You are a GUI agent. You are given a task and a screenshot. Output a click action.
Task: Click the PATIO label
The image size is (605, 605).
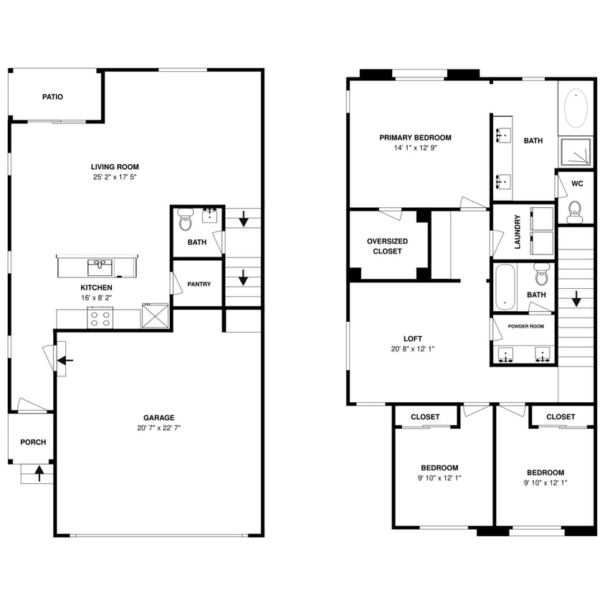click(52, 97)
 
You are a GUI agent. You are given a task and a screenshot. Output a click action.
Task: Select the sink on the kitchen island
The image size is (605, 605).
click(100, 267)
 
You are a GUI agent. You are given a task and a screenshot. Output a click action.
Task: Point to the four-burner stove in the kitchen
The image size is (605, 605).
click(99, 318)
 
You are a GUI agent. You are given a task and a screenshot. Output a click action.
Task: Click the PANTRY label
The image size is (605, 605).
click(199, 284)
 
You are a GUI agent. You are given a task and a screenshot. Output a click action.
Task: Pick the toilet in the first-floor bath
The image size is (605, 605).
click(186, 220)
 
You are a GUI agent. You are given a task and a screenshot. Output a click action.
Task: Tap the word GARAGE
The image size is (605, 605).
click(158, 418)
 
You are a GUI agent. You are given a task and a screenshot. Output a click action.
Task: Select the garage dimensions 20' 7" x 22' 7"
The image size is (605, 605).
click(158, 428)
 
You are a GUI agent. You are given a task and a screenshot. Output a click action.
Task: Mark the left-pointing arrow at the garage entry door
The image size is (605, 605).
click(63, 360)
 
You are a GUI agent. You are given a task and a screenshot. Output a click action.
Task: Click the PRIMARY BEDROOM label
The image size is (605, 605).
click(415, 138)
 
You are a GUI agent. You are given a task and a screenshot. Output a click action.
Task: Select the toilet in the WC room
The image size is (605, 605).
click(574, 210)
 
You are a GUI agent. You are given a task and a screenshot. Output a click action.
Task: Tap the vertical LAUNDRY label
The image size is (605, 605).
click(516, 232)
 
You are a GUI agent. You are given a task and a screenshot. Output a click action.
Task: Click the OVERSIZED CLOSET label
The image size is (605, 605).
click(389, 246)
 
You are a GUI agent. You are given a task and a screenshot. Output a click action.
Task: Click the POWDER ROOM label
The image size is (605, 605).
click(525, 325)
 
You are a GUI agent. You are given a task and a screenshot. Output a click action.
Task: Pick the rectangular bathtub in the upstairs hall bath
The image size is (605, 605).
click(505, 286)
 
